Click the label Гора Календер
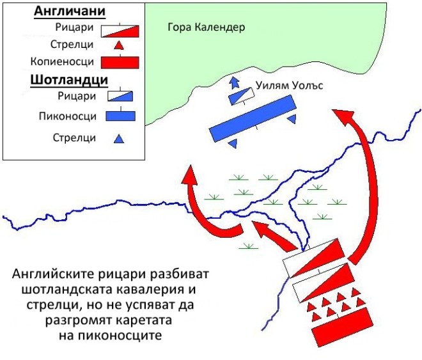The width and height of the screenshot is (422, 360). coord(206,28)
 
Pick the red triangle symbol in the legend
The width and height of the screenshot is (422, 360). coord(119,45)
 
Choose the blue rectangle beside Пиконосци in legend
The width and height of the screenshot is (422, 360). coord(119,116)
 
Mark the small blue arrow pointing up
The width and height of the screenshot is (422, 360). coord(235,81)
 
